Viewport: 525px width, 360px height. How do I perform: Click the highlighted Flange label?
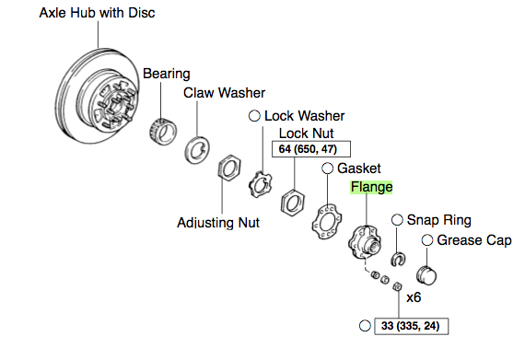[x=371, y=187]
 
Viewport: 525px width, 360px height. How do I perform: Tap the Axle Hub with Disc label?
[x=97, y=13]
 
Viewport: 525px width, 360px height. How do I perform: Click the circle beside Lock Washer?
[x=254, y=116]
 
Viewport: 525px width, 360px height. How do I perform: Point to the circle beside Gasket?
[x=328, y=168]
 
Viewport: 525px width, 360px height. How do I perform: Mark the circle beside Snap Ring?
[x=397, y=220]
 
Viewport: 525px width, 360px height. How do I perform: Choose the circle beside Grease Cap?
[x=427, y=240]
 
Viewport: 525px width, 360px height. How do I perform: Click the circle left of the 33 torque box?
[x=365, y=326]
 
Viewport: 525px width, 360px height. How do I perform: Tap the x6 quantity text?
[x=414, y=297]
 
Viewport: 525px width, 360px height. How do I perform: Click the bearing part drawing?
[x=163, y=132]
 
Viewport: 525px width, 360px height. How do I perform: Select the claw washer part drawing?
[x=197, y=150]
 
